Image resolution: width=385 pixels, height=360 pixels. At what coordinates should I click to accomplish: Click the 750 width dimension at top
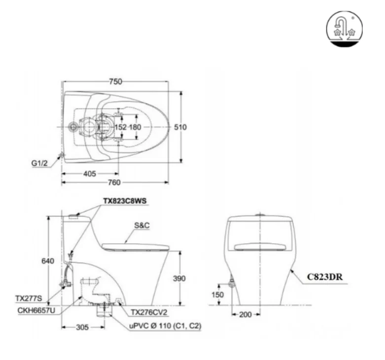(115, 82)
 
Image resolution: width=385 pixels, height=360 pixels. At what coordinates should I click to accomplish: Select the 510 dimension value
(180, 127)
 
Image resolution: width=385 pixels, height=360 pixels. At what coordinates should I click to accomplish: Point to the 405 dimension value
(90, 173)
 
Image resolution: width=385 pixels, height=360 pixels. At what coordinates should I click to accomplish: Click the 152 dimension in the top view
(121, 127)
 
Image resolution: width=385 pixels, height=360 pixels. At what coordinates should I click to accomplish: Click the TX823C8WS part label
(125, 201)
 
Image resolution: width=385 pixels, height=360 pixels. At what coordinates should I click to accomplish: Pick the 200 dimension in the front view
(245, 314)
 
